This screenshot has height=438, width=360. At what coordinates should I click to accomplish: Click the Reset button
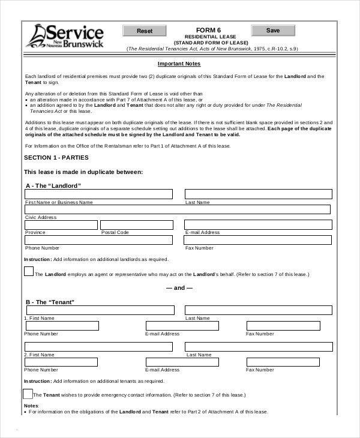[145, 31]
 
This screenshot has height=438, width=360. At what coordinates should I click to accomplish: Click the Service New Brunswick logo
[64, 36]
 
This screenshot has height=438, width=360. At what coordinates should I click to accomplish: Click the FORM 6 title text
[208, 30]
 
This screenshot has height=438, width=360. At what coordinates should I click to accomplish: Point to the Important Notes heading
[179, 64]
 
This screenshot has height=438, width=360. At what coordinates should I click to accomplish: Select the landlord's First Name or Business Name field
[98, 194]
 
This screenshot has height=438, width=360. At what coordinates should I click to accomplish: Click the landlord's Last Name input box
[258, 194]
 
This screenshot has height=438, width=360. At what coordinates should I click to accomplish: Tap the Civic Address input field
[177, 209]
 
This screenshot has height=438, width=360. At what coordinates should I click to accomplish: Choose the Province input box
[61, 225]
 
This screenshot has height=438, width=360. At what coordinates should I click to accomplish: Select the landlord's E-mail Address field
[258, 225]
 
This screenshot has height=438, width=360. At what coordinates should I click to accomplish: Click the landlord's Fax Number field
[258, 240]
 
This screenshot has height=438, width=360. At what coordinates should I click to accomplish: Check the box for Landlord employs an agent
[29, 271]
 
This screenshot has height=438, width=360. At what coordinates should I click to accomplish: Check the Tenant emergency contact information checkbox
[28, 394]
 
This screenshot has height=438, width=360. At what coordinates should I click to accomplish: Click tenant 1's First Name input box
[98, 310]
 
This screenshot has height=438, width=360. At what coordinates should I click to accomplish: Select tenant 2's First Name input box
[98, 347]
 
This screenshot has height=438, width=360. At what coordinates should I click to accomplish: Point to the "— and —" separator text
[179, 288]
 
